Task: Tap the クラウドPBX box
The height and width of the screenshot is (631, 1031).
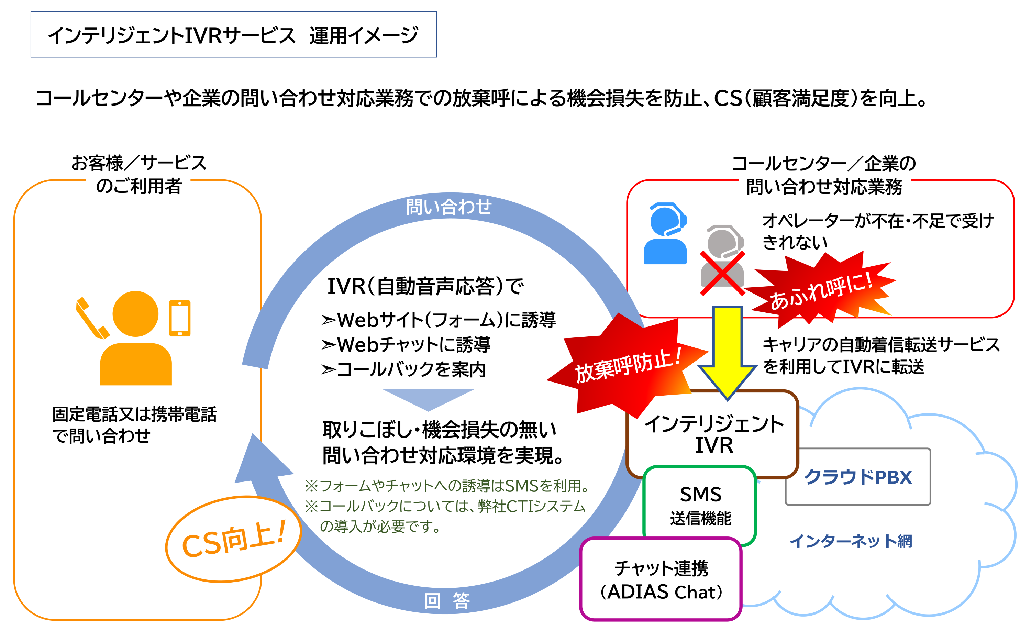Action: [x=858, y=477]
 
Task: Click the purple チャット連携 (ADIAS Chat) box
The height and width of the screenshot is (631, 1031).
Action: [x=661, y=579]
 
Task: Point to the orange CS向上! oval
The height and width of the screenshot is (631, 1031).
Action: [x=233, y=540]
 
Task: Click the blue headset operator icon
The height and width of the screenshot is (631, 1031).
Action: [x=665, y=234]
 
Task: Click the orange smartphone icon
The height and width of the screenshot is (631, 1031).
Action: [x=180, y=318]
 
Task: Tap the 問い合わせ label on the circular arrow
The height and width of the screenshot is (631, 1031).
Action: [x=448, y=207]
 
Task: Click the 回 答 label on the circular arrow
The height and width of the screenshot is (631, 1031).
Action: [x=447, y=601]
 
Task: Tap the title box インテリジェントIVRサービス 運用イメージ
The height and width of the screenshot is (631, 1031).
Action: [x=233, y=35]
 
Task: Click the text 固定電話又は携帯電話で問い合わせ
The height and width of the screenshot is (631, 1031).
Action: [x=134, y=425]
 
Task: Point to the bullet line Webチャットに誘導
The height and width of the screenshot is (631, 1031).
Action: [x=406, y=344]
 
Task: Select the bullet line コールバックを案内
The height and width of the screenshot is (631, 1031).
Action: [x=404, y=369]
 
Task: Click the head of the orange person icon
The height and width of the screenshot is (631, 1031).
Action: [x=135, y=314]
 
